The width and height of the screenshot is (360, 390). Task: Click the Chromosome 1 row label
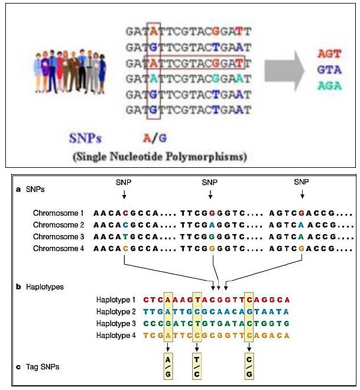point(59,213)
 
